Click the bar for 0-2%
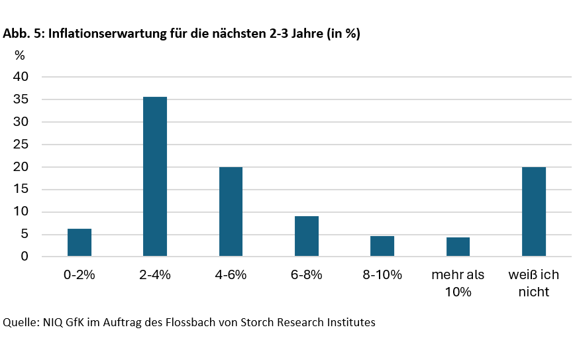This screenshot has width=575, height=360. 79,243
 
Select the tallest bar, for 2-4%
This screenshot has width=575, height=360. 155,176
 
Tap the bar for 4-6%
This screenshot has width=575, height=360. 231,211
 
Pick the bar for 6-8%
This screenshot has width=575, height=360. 307,236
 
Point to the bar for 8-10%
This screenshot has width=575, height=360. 382,246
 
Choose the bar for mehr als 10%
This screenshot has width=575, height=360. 458,247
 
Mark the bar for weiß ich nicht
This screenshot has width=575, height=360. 534,211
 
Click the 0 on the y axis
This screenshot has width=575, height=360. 25,257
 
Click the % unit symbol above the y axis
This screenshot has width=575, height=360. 20,55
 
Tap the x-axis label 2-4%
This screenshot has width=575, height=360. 155,275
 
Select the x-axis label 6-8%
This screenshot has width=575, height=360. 307,275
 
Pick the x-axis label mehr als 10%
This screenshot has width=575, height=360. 458,283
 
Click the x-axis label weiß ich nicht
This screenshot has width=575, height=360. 534,283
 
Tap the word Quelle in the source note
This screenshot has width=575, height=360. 20,323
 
